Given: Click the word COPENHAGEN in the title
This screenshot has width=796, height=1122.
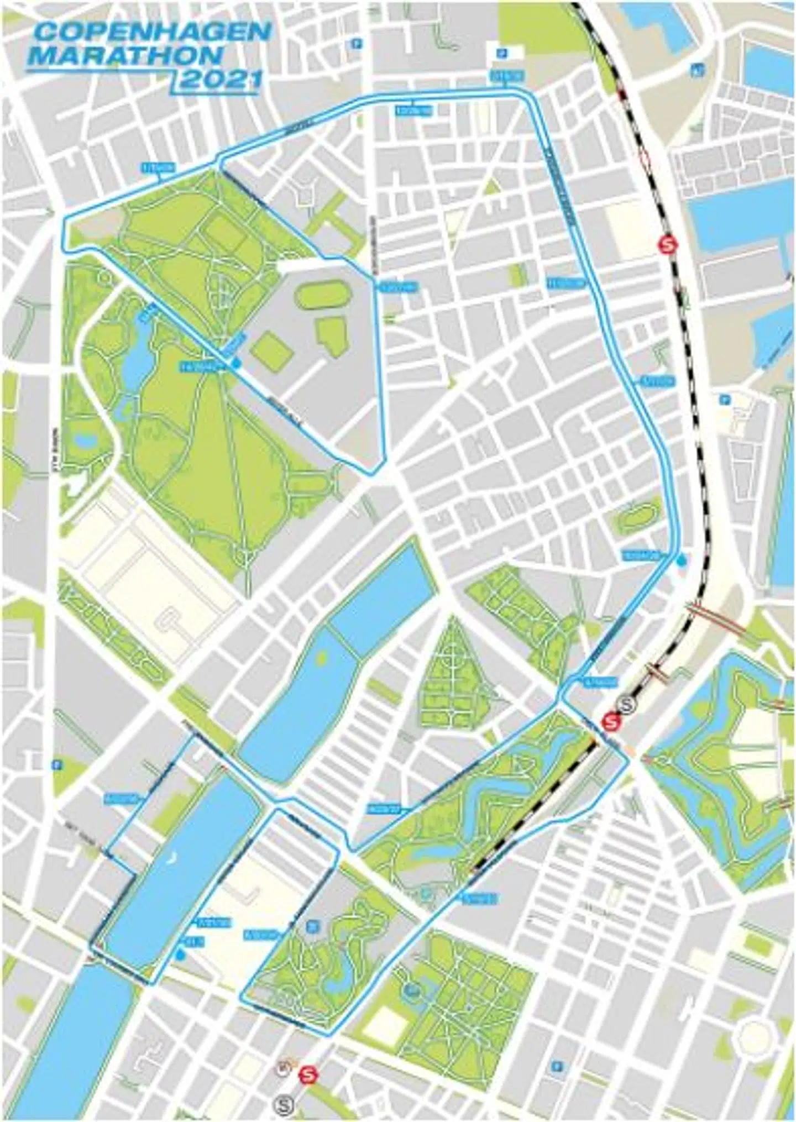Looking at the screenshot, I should (152, 33).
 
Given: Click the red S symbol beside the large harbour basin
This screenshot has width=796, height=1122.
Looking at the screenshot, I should (670, 243).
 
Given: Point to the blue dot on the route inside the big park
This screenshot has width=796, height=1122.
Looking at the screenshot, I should (236, 363).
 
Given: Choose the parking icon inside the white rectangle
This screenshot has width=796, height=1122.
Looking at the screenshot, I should (504, 53).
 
